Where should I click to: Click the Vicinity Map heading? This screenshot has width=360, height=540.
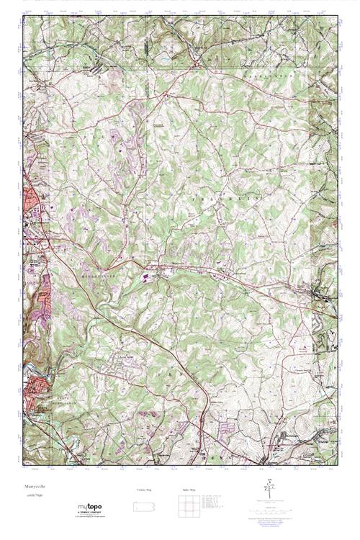coord(145,490)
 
